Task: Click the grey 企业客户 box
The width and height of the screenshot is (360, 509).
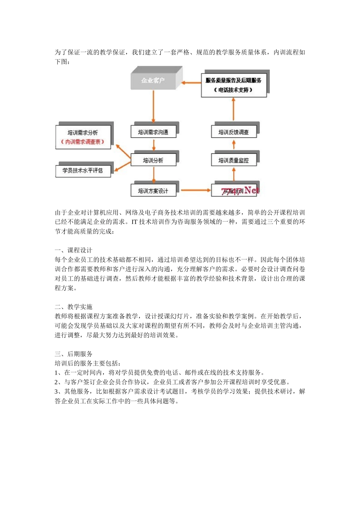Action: click(x=153, y=80)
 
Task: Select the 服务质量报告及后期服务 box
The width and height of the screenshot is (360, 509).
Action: click(x=233, y=85)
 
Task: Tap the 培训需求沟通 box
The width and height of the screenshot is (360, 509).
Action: click(x=153, y=132)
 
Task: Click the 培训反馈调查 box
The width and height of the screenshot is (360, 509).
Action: click(x=233, y=132)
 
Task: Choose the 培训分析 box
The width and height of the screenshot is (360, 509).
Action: click(x=153, y=160)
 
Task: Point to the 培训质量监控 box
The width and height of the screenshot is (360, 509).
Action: click(x=233, y=160)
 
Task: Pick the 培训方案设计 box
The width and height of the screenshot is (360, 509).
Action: click(x=153, y=191)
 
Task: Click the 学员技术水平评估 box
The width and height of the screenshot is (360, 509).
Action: click(x=83, y=171)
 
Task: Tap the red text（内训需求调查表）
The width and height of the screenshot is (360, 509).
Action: click(x=83, y=142)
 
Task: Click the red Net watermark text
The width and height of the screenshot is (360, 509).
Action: click(x=252, y=190)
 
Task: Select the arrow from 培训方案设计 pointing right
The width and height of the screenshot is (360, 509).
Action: click(x=195, y=190)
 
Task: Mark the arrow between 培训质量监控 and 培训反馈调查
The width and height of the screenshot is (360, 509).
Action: click(x=233, y=145)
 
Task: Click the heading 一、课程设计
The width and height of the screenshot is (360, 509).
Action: click(x=74, y=250)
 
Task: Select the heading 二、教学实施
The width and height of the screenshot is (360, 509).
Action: click(x=74, y=307)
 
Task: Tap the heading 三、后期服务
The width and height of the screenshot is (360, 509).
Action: click(x=74, y=354)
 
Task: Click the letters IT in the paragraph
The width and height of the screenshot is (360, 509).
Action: click(x=134, y=222)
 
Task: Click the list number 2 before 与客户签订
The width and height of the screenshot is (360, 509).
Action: click(x=56, y=383)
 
